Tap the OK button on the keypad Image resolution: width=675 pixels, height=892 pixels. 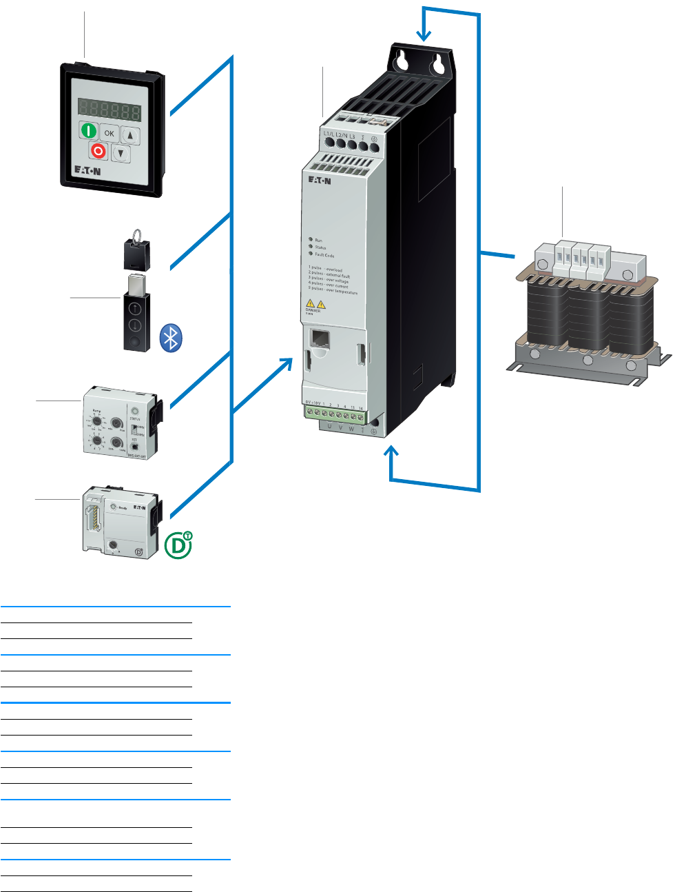click(x=110, y=134)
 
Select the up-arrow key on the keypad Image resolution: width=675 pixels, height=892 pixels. click(x=131, y=136)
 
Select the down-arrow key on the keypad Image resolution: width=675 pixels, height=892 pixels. click(x=121, y=154)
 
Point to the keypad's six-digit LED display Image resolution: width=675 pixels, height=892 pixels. click(x=110, y=110)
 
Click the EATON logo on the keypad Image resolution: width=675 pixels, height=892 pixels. click(x=87, y=170)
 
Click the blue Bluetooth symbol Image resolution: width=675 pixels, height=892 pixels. click(x=171, y=338)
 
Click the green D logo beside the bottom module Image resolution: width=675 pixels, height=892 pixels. click(x=178, y=545)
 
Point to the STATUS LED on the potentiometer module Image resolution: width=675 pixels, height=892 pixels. click(x=134, y=411)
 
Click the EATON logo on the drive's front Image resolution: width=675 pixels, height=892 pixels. click(x=319, y=181)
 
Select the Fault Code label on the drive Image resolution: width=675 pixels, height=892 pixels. click(x=324, y=255)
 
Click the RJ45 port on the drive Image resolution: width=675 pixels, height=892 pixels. click(x=320, y=338)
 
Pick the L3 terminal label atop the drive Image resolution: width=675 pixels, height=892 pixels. click(x=352, y=136)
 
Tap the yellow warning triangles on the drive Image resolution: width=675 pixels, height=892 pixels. click(x=315, y=303)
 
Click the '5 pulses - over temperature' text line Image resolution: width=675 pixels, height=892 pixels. click(x=333, y=291)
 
